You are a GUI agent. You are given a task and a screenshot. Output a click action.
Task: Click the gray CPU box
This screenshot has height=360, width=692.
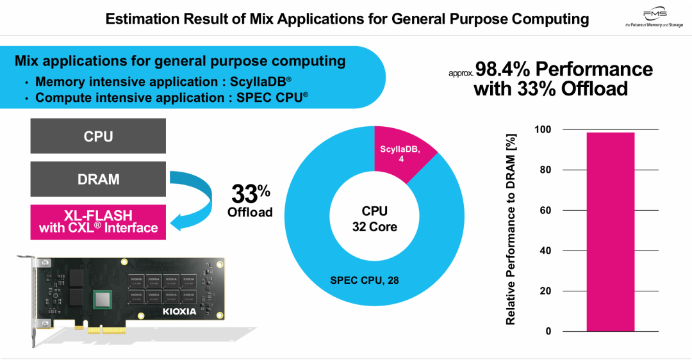click(x=98, y=136)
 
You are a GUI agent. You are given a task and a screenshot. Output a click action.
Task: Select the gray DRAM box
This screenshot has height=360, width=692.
click(x=98, y=179)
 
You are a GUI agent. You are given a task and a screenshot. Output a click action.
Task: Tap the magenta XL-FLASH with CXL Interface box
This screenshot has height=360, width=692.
click(x=98, y=222)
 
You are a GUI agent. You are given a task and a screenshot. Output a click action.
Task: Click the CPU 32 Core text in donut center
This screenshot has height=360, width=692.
click(x=374, y=218)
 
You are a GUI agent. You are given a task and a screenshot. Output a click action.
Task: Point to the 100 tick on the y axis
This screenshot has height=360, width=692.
click(x=543, y=130)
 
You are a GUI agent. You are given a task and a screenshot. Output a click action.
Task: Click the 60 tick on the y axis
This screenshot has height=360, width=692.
click(x=545, y=211)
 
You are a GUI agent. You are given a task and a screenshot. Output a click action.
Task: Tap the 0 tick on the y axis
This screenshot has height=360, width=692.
click(x=548, y=331)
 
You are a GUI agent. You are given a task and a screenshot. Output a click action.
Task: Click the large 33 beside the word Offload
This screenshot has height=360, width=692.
click(x=244, y=193)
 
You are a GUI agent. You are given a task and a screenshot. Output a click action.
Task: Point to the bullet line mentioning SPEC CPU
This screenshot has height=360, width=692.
click(x=172, y=97)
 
